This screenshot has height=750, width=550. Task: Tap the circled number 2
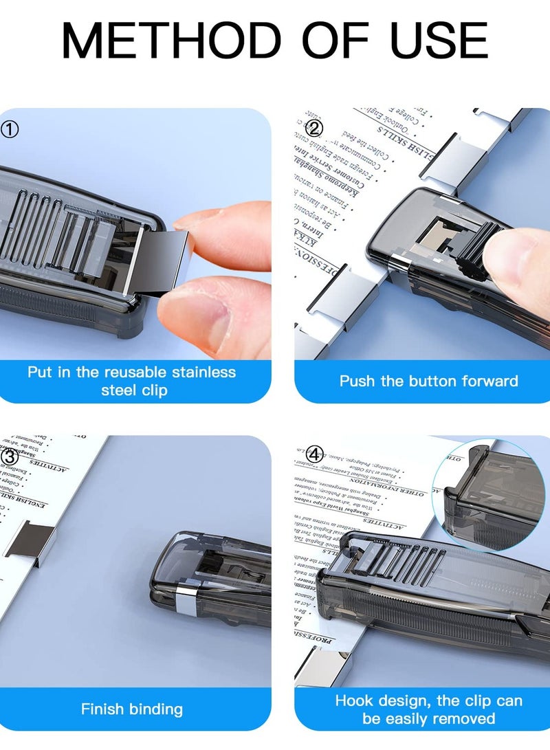pyautogui.click(x=313, y=129)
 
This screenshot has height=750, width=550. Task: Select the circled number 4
pyautogui.click(x=313, y=454)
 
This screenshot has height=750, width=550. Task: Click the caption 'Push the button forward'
pyautogui.click(x=428, y=381)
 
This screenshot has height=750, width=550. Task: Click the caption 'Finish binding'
pyautogui.click(x=132, y=709)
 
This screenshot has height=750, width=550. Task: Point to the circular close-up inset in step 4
pyautogui.click(x=489, y=485)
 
